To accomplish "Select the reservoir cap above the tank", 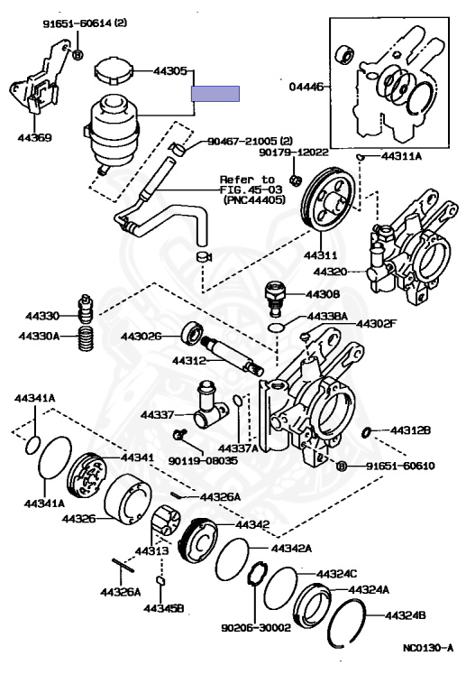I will pyautogui.click(x=114, y=70).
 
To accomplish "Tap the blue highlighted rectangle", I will pyautogui.click(x=215, y=94).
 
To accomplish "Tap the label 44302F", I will pyautogui.click(x=376, y=323).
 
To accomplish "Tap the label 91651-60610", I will pyautogui.click(x=400, y=466).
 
